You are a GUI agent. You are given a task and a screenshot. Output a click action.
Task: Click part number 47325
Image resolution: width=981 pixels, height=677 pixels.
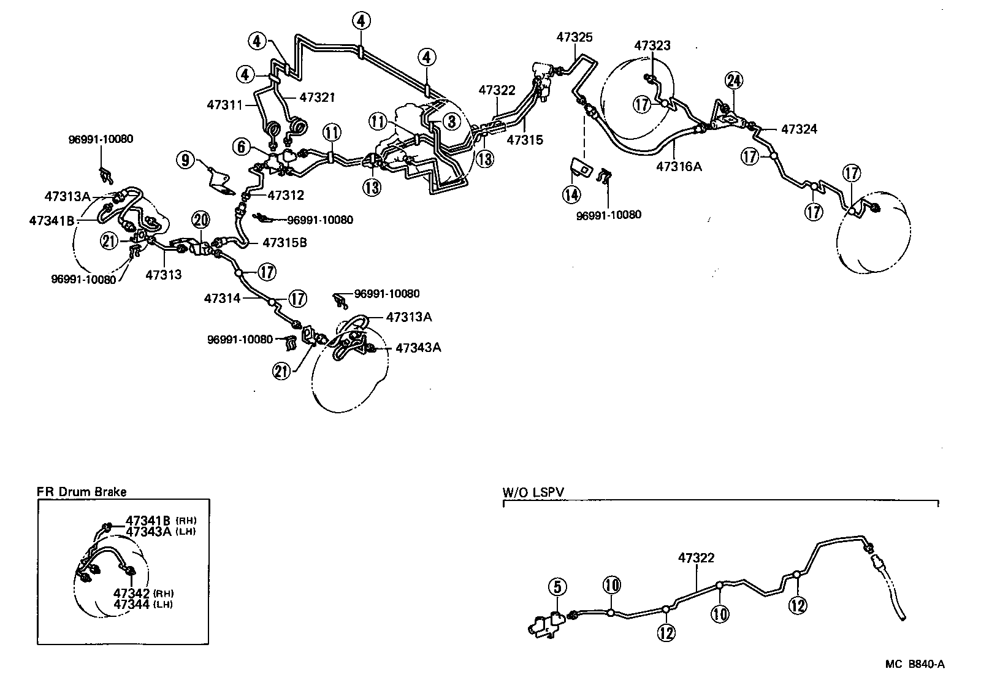[x=574, y=37]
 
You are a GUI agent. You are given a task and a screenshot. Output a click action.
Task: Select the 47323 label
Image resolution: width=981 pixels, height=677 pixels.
[x=652, y=45]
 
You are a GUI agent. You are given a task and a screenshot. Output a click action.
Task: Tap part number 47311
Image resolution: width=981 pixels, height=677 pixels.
[x=225, y=104]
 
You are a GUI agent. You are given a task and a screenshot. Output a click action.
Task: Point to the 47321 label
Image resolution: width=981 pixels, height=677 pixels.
[x=317, y=97]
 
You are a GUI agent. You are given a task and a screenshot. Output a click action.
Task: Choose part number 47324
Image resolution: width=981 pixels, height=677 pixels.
[x=799, y=129]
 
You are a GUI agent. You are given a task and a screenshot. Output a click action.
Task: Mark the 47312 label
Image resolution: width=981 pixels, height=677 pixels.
[x=286, y=196]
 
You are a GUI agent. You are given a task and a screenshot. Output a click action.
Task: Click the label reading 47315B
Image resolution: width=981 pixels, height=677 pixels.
[x=285, y=242]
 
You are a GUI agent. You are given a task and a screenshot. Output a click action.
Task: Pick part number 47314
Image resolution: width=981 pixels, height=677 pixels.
[x=222, y=299]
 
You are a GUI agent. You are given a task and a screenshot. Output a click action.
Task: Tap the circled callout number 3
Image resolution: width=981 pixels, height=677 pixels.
[x=452, y=121]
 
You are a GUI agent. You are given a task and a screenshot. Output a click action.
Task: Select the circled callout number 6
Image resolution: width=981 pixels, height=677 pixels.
[x=242, y=146]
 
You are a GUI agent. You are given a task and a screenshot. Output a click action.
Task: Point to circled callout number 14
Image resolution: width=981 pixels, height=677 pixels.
[x=571, y=194]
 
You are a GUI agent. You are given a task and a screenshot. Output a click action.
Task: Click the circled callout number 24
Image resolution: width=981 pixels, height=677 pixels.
[x=733, y=80]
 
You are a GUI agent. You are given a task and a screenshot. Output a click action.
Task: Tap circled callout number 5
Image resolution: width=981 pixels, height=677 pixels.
[x=557, y=587]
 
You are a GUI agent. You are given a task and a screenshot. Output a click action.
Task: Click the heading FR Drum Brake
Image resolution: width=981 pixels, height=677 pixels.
[x=81, y=492]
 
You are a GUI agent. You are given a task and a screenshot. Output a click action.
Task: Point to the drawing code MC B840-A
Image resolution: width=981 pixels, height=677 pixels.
[x=914, y=664]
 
